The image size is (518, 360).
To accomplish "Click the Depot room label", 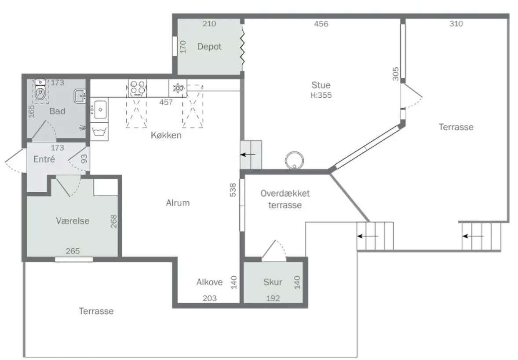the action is pyautogui.click(x=209, y=47).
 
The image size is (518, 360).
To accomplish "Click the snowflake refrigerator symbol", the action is pyautogui.click(x=178, y=88).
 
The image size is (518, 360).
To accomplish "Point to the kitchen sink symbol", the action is pyautogui.click(x=99, y=109).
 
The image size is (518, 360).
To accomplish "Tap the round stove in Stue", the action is pyautogui.click(x=294, y=160).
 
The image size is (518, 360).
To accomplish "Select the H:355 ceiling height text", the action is pyautogui.click(x=321, y=95).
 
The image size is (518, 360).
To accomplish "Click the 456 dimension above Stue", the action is pyautogui.click(x=321, y=24).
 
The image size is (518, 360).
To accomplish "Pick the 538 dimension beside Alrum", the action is pyautogui.click(x=233, y=190).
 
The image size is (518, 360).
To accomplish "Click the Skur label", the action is pyautogui.click(x=273, y=282).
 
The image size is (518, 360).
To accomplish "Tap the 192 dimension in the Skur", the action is pyautogui.click(x=273, y=298).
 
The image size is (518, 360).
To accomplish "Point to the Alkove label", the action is pyautogui.click(x=209, y=282).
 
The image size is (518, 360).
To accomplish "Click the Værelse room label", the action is pyautogui.click(x=73, y=221).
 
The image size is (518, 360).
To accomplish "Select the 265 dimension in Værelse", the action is pyautogui.click(x=73, y=251).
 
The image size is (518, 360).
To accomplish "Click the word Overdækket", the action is pyautogui.click(x=285, y=193).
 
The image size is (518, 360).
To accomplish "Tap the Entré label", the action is pyautogui.click(x=44, y=159).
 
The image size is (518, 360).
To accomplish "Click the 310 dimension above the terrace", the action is pyautogui.click(x=456, y=23).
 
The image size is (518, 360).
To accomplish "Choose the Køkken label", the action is pyautogui.click(x=166, y=135).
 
